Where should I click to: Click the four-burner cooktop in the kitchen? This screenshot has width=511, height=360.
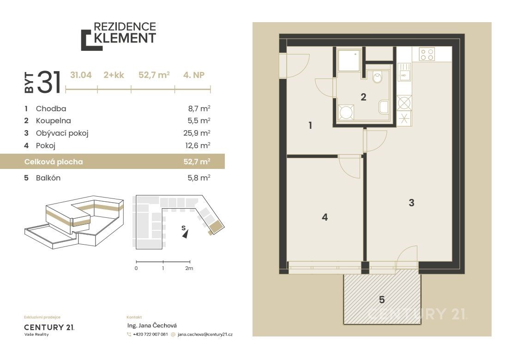click(x=427, y=54)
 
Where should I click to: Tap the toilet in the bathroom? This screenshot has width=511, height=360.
click(x=377, y=77)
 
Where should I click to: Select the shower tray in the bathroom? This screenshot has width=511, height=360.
click(x=349, y=60)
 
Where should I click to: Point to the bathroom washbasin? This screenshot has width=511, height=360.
click(x=384, y=107)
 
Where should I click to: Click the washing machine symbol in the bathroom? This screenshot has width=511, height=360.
click(x=346, y=112)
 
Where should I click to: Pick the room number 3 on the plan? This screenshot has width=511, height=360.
click(x=412, y=203)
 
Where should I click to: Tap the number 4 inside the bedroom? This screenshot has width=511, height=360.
click(x=325, y=217)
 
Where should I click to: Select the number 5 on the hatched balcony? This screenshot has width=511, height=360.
click(x=382, y=300)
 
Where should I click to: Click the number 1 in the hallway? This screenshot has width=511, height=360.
click(x=310, y=125)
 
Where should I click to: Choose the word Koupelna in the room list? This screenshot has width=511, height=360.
click(x=54, y=120)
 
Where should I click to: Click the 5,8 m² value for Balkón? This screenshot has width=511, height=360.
click(x=199, y=178)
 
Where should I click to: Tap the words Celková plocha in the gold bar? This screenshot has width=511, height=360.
click(x=54, y=162)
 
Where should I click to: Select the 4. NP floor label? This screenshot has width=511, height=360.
click(x=194, y=75)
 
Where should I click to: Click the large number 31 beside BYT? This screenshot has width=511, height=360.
click(x=49, y=82)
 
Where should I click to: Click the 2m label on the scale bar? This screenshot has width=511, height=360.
click(x=189, y=269)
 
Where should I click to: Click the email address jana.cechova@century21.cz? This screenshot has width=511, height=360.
click(x=205, y=334)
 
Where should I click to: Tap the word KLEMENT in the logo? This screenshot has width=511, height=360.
click(x=125, y=38)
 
